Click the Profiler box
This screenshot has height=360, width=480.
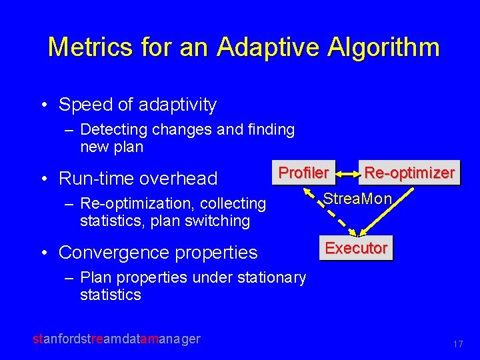(303, 173)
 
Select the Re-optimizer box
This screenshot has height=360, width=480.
(409, 173)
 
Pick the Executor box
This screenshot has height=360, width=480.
(355, 248)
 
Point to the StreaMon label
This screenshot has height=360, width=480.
(358, 199)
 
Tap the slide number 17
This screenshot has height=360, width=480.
(457, 345)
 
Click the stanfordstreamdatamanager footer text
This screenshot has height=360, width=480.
(117, 339)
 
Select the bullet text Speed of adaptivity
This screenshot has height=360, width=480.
(137, 105)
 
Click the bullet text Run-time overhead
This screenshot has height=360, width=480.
(138, 179)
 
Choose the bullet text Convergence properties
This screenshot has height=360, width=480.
(158, 253)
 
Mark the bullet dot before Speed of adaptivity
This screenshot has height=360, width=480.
(43, 105)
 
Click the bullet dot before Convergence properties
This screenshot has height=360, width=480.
(43, 253)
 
